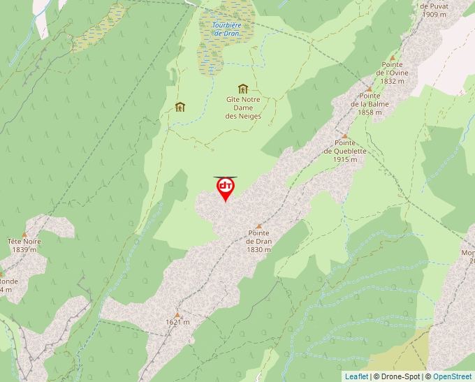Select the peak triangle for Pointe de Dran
click(259, 226)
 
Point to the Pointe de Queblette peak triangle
click(344, 136)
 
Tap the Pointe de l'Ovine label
click(393, 73)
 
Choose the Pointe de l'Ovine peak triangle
click(393, 58)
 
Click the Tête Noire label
click(24, 245)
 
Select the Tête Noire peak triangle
click(24, 235)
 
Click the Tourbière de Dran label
click(226, 29)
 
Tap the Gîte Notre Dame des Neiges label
click(243, 108)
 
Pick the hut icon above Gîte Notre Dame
click(243, 89)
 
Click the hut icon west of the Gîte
click(180, 107)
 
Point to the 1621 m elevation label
click(177, 322)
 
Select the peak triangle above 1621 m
click(177, 314)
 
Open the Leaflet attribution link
click(356, 376)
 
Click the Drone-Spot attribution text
click(397, 376)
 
